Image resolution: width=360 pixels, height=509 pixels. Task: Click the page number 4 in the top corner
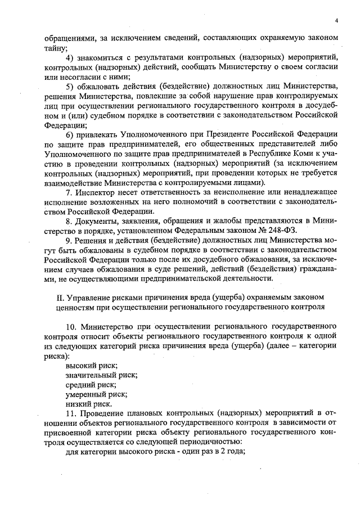[335, 21]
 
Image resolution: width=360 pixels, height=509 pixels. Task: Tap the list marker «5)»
[70, 85]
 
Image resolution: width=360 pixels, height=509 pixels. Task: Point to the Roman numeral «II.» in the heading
[51, 297]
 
